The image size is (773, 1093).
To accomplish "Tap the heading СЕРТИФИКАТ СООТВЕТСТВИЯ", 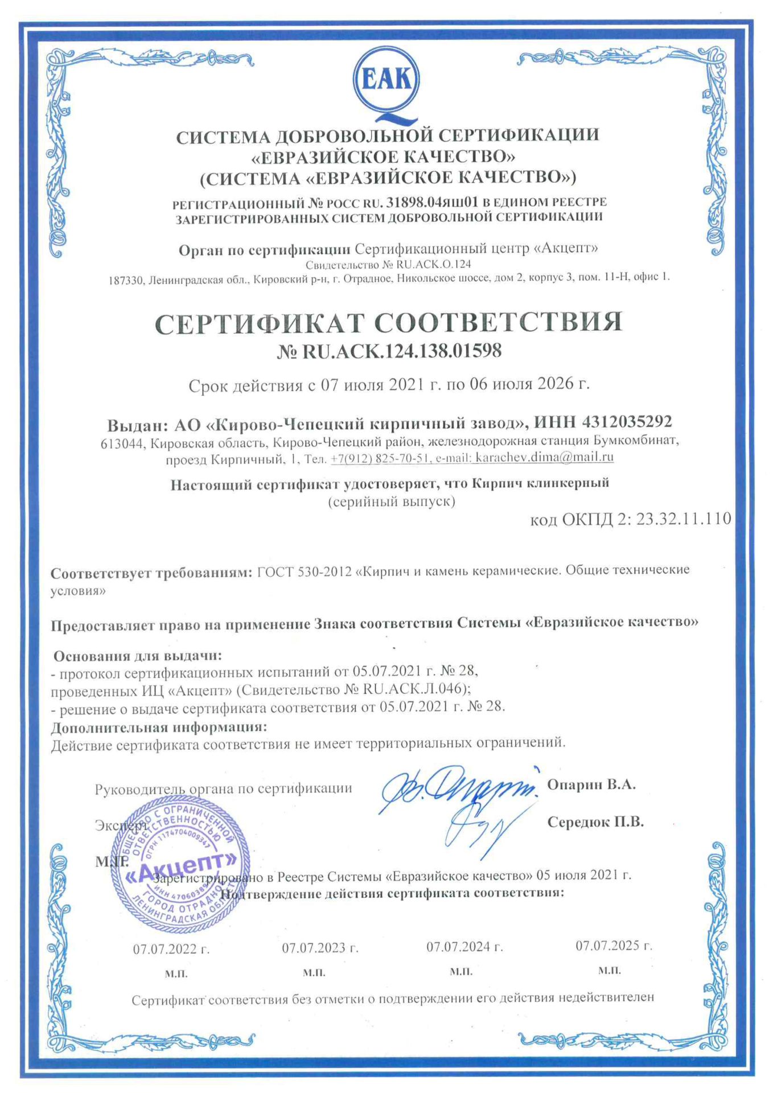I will tap(388, 323).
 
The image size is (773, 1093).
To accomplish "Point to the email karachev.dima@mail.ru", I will tap(544, 457).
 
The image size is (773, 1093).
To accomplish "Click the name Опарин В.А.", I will tap(591, 785).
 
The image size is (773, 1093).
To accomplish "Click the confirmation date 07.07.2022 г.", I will tap(171, 950).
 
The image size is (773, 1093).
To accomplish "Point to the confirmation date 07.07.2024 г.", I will tap(464, 947).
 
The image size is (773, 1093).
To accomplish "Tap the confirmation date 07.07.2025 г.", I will tap(614, 946).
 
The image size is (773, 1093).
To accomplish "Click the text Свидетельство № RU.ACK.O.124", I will tap(388, 265).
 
